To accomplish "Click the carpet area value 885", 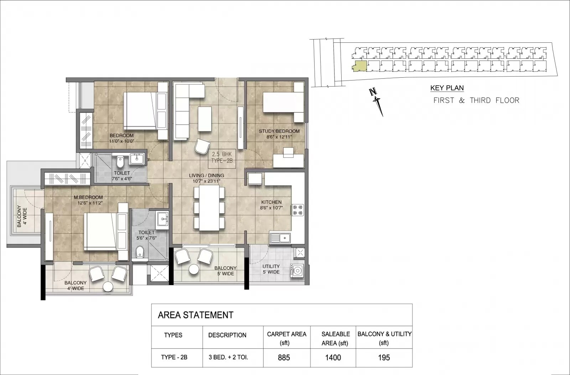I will (x=284, y=357).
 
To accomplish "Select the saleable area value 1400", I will (x=333, y=357).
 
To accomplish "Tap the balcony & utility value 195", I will (x=384, y=357).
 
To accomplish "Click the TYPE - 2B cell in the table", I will (x=174, y=357).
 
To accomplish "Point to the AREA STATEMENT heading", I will (x=196, y=315).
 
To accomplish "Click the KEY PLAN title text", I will (x=447, y=88).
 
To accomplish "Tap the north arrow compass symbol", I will (x=377, y=101).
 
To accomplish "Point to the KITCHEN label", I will (x=271, y=202).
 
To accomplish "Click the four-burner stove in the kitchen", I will (x=298, y=210).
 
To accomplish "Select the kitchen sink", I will (x=280, y=238).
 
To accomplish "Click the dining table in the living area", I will (x=209, y=208).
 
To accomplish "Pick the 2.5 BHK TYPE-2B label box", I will (x=222, y=157).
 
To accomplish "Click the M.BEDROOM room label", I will (x=88, y=197).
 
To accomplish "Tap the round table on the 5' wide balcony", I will (x=193, y=270).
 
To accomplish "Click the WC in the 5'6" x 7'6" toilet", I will (x=140, y=252).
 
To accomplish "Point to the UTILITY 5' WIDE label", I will (x=271, y=269).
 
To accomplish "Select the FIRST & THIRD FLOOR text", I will (x=476, y=100).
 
